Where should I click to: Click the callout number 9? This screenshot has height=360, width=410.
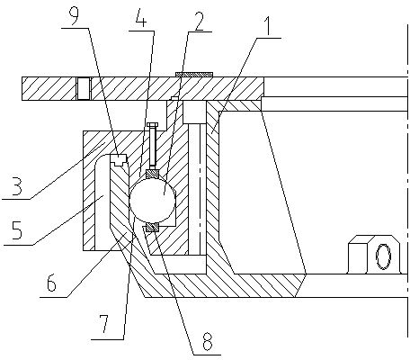pyautogui.click(x=74, y=15)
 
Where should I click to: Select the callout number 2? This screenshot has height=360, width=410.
pyautogui.click(x=200, y=21)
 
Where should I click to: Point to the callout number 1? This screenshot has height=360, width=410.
pyautogui.click(x=268, y=26)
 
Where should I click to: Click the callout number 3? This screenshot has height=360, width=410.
pyautogui.click(x=17, y=186)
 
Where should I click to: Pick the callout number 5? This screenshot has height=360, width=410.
pyautogui.click(x=17, y=229)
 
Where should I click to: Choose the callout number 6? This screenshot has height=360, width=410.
pyautogui.click(x=51, y=282)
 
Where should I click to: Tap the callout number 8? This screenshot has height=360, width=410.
pyautogui.click(x=208, y=341)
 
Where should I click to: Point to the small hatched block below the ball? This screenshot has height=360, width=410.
pyautogui.click(x=152, y=228)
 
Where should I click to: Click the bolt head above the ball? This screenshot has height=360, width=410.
pyautogui.click(x=153, y=125)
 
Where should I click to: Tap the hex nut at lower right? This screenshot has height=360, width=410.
pyautogui.click(x=358, y=255)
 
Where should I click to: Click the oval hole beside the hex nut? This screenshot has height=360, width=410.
pyautogui.click(x=383, y=256)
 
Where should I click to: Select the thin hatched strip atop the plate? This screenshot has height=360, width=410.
pyautogui.click(x=194, y=75)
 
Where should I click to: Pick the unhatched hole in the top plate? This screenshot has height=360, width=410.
pyautogui.click(x=84, y=88)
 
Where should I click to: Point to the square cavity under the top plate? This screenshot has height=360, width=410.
pyautogui.click(x=194, y=112)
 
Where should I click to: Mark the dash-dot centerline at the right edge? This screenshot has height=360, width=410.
pyautogui.click(x=407, y=180)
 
